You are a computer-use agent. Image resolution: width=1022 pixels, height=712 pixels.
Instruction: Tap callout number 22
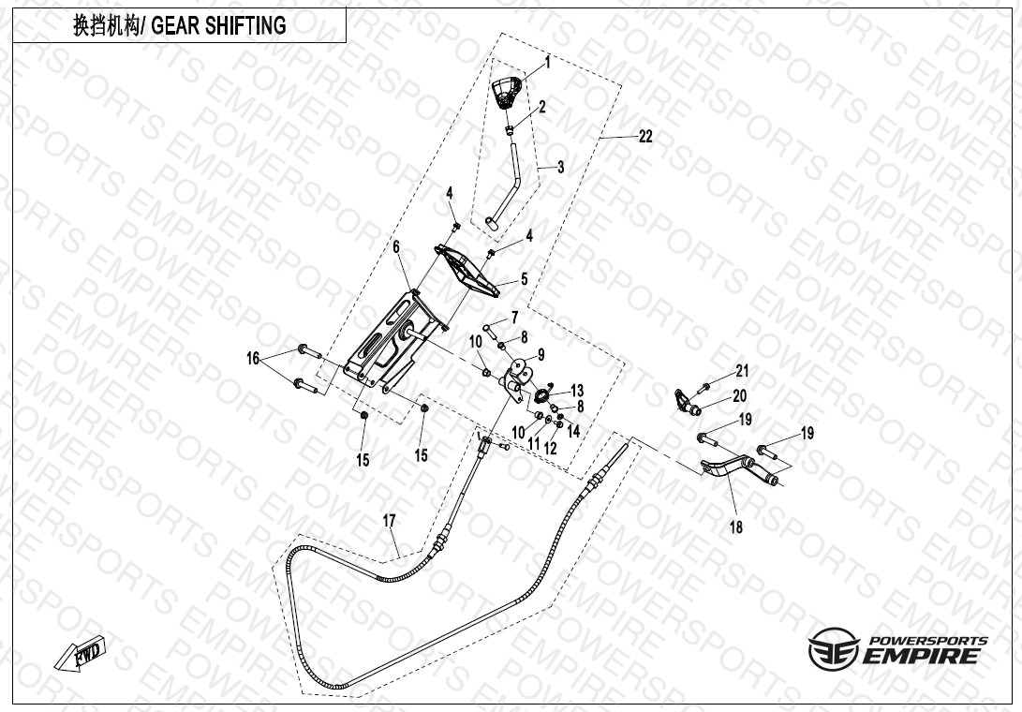click(645, 136)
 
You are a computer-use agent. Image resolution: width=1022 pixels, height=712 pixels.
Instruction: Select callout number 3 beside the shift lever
click(560, 167)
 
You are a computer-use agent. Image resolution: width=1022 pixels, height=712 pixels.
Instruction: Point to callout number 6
click(395, 247)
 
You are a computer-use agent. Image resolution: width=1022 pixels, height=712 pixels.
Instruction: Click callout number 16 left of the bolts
click(253, 358)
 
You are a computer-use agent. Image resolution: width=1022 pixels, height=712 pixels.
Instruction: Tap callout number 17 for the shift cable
click(389, 521)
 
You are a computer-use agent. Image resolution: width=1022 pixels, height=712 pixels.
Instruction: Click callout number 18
click(736, 527)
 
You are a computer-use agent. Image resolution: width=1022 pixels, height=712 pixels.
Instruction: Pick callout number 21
click(743, 371)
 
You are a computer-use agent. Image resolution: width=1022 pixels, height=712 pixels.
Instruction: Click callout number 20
click(740, 395)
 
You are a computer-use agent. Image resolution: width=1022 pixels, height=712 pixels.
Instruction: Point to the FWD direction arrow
click(81, 653)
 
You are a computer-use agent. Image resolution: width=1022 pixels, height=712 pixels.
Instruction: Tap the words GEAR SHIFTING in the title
click(219, 25)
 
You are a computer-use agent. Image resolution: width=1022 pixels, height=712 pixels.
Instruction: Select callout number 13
click(577, 391)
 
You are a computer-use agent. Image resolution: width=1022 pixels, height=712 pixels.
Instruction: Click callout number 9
click(541, 355)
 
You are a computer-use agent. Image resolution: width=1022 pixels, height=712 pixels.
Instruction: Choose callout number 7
click(514, 318)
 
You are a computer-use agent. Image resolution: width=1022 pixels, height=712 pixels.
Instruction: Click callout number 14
click(573, 431)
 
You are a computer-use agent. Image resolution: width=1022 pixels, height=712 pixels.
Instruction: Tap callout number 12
click(550, 448)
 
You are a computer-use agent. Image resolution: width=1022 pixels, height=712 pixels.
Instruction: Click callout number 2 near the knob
click(541, 106)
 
